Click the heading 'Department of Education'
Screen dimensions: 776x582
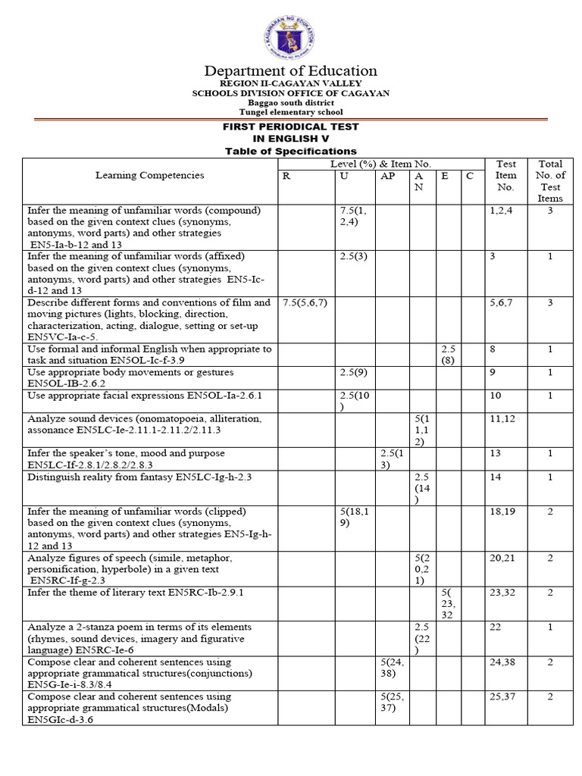click(x=290, y=70)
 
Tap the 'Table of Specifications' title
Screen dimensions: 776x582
click(x=290, y=152)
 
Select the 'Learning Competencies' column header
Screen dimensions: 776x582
click(x=149, y=175)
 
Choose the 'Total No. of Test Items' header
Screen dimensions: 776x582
click(x=551, y=180)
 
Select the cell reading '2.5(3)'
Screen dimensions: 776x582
click(x=354, y=257)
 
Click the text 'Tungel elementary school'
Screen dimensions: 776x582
click(x=290, y=112)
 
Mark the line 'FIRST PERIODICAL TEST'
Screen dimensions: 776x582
click(x=290, y=127)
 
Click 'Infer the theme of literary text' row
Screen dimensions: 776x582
click(x=136, y=593)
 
